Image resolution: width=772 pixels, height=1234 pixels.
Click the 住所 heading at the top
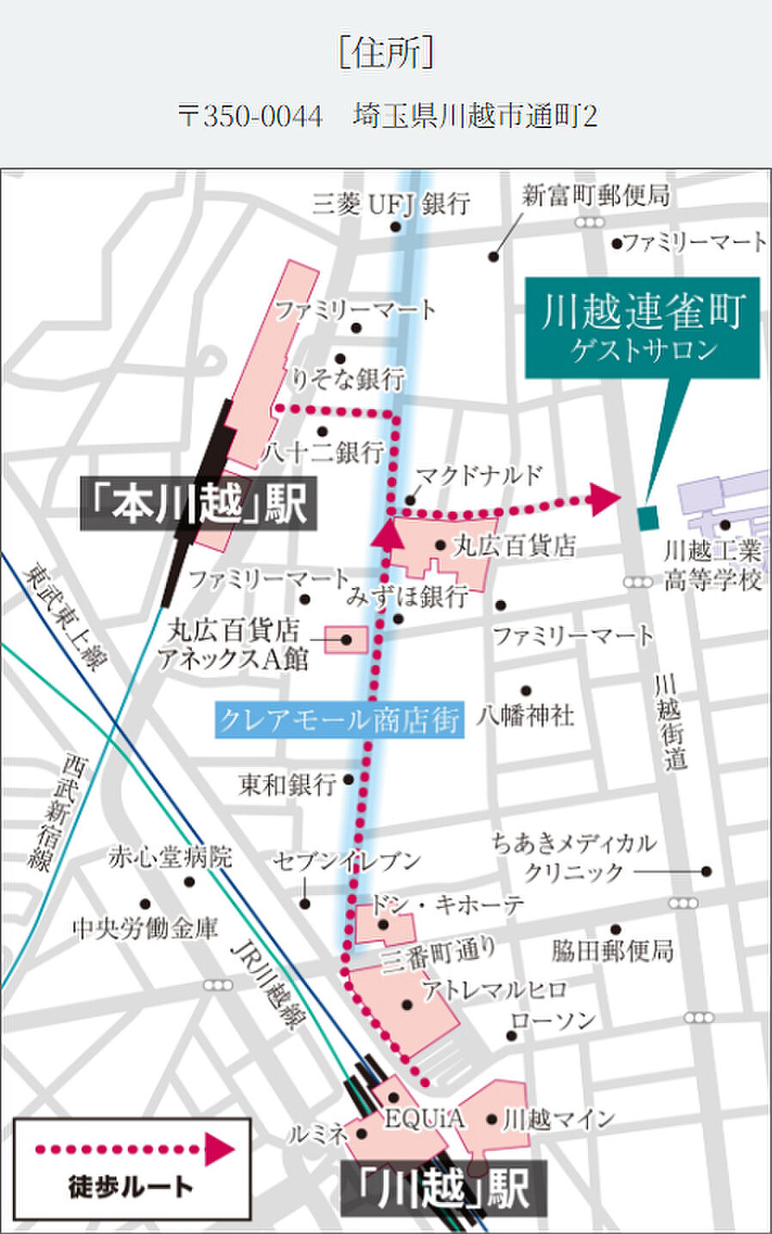(386, 52)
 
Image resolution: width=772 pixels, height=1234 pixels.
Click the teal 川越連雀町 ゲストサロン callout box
(642, 328)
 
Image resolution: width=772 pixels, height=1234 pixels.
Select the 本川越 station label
(199, 502)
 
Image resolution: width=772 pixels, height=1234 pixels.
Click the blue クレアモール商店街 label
(339, 719)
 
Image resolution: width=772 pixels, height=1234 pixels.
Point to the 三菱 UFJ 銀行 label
(391, 204)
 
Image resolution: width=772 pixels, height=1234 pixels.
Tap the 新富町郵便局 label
(596, 195)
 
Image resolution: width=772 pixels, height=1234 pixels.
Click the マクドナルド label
(480, 475)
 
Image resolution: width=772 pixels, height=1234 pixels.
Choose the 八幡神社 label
(525, 715)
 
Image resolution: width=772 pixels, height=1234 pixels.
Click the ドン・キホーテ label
(446, 904)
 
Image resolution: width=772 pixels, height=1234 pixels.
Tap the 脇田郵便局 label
(612, 950)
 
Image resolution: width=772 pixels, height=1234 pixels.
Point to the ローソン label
(553, 1021)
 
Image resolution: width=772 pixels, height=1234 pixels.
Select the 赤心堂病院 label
(170, 856)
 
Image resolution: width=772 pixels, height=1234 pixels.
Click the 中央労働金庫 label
(145, 928)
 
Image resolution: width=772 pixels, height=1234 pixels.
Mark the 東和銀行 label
(287, 783)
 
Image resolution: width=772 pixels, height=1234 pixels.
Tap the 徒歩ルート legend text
(131, 1187)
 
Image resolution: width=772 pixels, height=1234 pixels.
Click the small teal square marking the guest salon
(647, 517)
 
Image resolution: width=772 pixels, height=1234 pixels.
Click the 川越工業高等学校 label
(713, 565)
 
